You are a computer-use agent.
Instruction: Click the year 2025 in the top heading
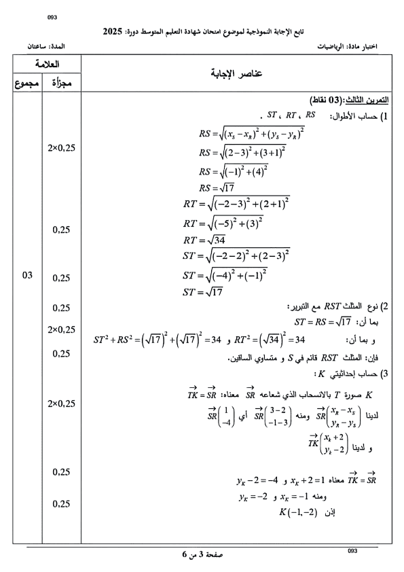tap(113, 31)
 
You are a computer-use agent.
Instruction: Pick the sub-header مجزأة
tap(61, 84)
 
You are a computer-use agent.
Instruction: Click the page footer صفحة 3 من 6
tap(202, 554)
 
